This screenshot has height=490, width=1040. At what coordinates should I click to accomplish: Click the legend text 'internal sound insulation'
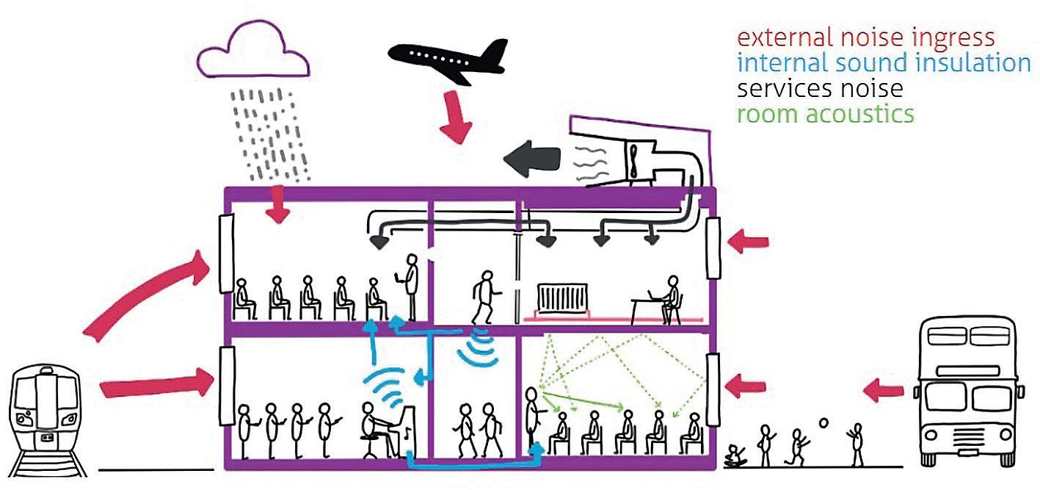click(x=884, y=63)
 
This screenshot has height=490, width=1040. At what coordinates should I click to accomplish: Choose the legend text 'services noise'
click(x=820, y=89)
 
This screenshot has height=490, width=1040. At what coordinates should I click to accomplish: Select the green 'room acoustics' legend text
click(x=826, y=114)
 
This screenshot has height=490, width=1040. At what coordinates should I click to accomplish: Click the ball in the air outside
click(x=824, y=424)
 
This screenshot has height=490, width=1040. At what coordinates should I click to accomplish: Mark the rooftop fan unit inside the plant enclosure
click(x=632, y=158)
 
